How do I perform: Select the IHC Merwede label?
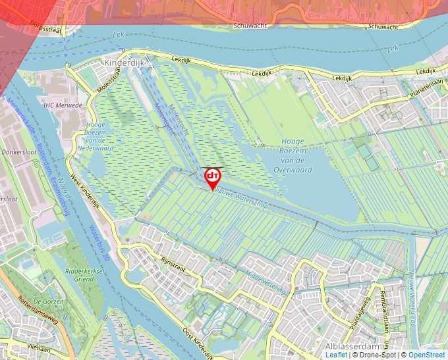(63, 105)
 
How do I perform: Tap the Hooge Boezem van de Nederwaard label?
(100, 136)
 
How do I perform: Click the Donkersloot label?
(18, 151)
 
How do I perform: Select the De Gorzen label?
(47, 301)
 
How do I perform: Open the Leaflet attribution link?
(336, 355)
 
